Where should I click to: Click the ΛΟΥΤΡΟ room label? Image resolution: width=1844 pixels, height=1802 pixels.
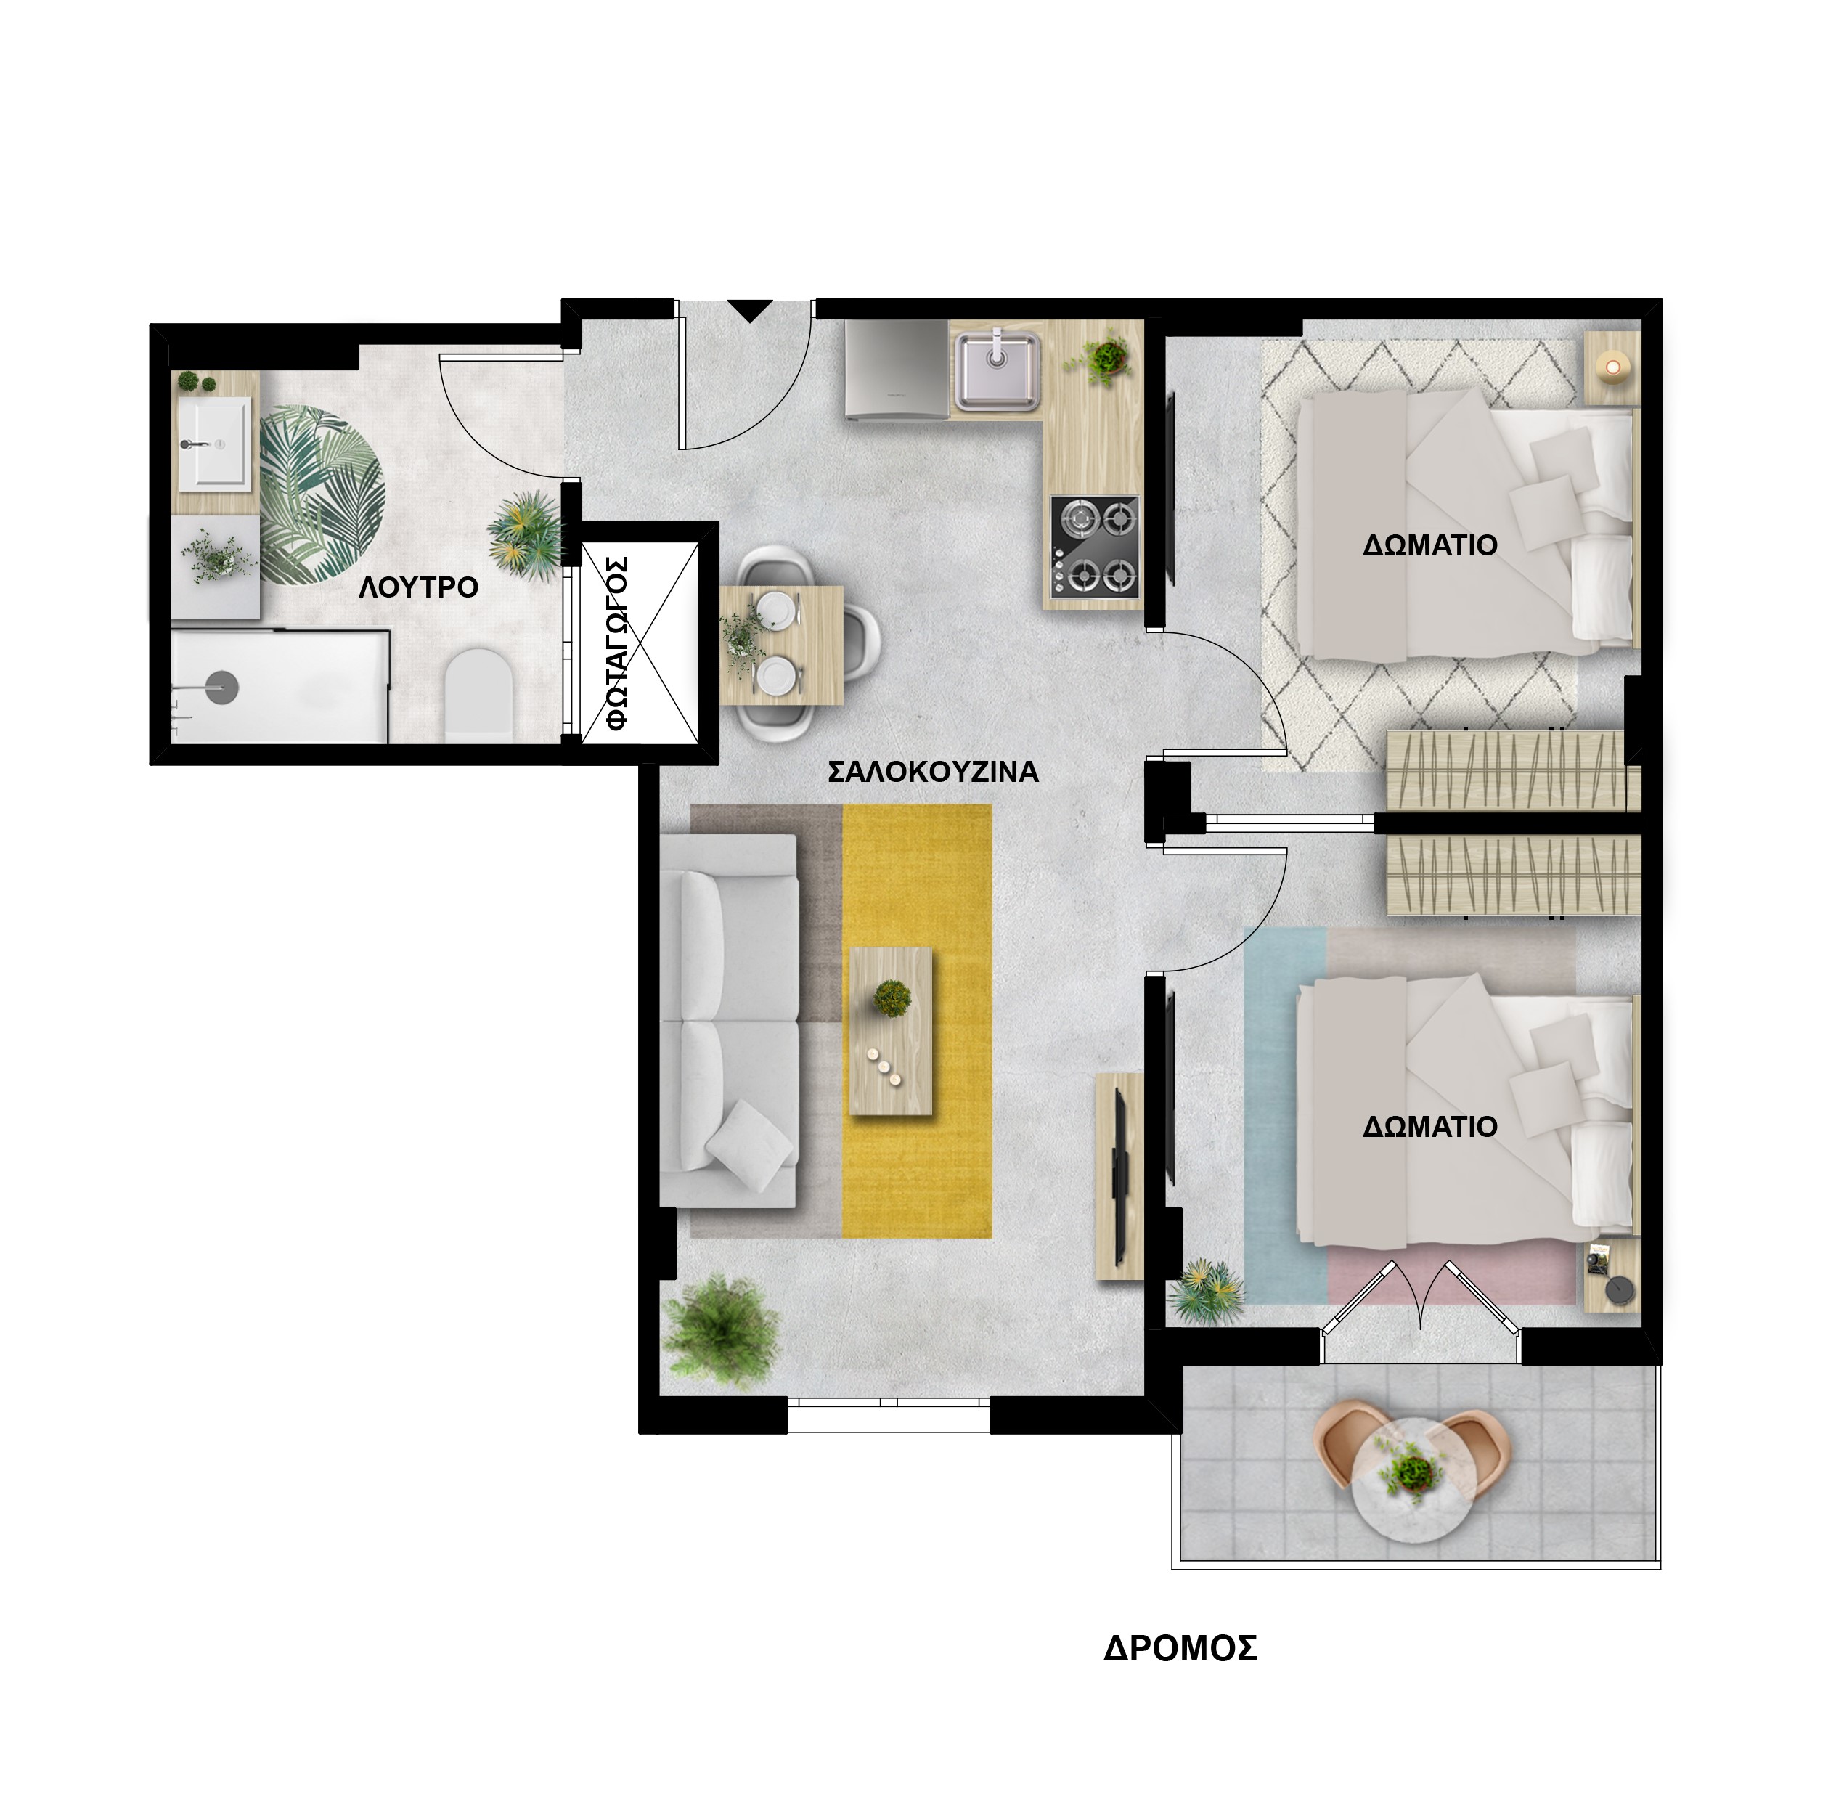pyautogui.click(x=418, y=588)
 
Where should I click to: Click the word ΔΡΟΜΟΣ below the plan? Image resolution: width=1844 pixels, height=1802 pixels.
pyautogui.click(x=1180, y=1649)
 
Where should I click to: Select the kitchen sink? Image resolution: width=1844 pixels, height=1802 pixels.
pyautogui.click(x=998, y=370)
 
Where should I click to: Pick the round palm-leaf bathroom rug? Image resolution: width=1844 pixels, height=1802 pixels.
pyautogui.click(x=322, y=495)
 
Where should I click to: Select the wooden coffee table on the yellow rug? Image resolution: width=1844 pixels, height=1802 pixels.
pyautogui.click(x=892, y=1032)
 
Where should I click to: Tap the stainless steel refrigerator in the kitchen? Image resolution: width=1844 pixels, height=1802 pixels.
pyautogui.click(x=897, y=368)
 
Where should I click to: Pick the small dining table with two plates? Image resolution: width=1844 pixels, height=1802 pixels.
pyautogui.click(x=780, y=645)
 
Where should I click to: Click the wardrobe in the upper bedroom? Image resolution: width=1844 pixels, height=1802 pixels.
pyautogui.click(x=1512, y=770)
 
